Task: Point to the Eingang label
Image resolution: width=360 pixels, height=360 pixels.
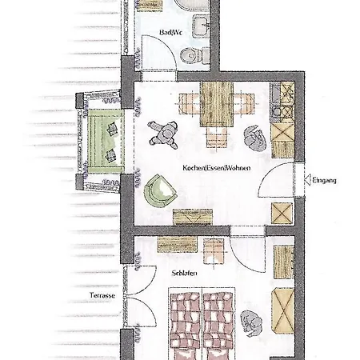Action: (x=324, y=181)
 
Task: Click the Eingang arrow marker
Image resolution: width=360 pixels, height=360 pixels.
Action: (x=304, y=180)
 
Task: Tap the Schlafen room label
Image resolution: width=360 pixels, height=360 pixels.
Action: (x=184, y=273)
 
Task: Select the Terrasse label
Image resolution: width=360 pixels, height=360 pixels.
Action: (x=103, y=296)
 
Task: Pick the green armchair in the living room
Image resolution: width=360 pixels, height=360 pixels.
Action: (x=159, y=190)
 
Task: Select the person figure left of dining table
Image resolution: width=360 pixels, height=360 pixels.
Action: (x=165, y=132)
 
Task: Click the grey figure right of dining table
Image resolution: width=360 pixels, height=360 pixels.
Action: (x=255, y=138)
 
